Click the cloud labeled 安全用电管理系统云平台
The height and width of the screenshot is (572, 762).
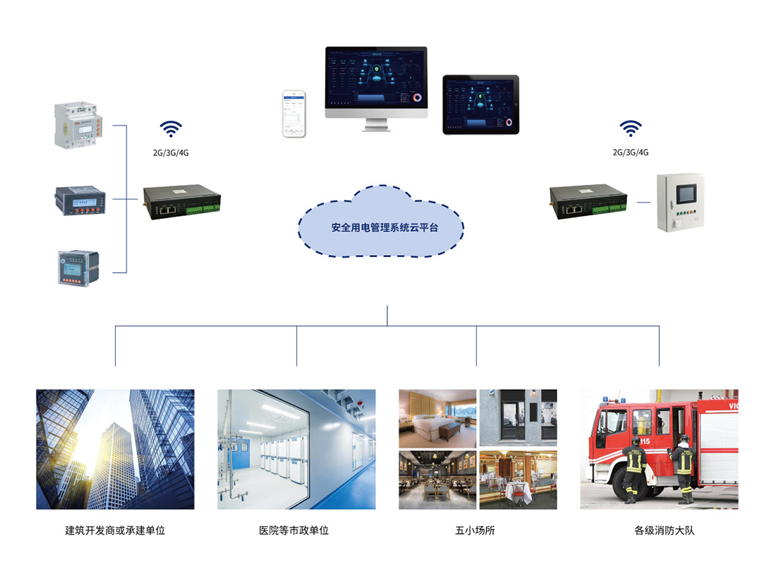click(381, 227)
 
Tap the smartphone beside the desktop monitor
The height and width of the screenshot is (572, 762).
click(294, 113)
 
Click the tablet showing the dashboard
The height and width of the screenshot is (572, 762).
click(480, 105)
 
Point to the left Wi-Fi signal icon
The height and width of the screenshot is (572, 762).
click(171, 129)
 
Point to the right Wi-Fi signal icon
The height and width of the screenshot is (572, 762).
click(631, 129)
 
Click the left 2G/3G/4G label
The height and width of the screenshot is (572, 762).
click(171, 152)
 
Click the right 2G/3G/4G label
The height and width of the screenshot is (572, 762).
click(631, 152)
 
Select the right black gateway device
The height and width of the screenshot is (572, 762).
click(588, 201)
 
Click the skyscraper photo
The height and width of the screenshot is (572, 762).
click(115, 449)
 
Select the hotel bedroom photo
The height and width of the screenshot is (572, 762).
click(437, 418)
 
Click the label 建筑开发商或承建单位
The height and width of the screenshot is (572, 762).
click(115, 530)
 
